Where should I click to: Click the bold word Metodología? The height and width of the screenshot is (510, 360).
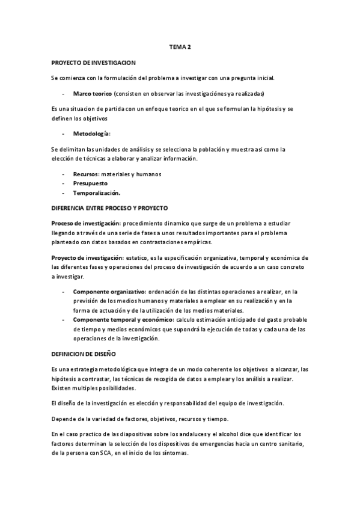[91, 133]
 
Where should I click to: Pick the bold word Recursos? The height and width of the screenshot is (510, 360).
[85, 174]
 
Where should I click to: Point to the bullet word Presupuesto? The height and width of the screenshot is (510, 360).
[91, 184]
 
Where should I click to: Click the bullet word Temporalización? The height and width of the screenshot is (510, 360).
[96, 193]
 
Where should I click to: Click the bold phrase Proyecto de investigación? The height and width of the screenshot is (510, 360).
[87, 257]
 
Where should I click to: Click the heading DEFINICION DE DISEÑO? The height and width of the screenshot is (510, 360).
[84, 354]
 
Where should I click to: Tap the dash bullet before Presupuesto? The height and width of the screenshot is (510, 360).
[64, 184]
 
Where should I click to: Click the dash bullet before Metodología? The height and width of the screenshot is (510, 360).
[64, 133]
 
